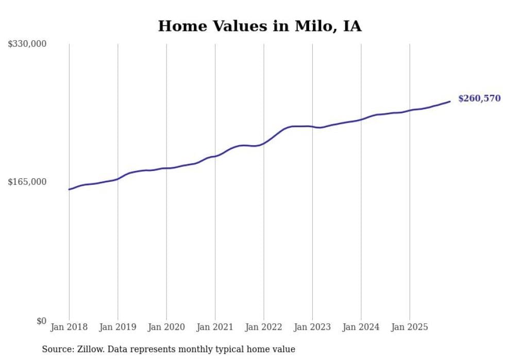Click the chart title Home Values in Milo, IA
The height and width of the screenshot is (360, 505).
tap(260, 26)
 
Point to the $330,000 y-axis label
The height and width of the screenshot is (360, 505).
tap(27, 44)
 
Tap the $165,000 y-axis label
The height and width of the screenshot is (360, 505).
tap(27, 182)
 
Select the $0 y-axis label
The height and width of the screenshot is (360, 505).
tap(41, 321)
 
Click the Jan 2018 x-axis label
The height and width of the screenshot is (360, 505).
tap(69, 327)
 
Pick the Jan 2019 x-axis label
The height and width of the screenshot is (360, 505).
tap(117, 327)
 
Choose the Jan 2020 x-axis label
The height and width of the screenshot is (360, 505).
tap(166, 327)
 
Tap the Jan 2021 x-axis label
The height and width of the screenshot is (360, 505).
tap(215, 327)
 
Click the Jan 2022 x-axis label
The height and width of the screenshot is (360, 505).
tap(264, 327)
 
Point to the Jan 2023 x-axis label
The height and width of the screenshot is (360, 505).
tap(312, 327)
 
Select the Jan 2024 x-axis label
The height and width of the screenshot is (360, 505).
tap(361, 327)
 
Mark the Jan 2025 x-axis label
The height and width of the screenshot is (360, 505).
tap(410, 327)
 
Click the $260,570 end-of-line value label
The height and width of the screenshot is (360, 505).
tap(479, 98)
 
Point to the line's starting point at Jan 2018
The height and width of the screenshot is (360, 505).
tap(69, 190)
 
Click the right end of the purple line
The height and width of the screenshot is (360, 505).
tap(450, 101)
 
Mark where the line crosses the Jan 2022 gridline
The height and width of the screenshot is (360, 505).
tap(264, 143)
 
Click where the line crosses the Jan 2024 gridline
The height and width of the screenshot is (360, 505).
tap(361, 119)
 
